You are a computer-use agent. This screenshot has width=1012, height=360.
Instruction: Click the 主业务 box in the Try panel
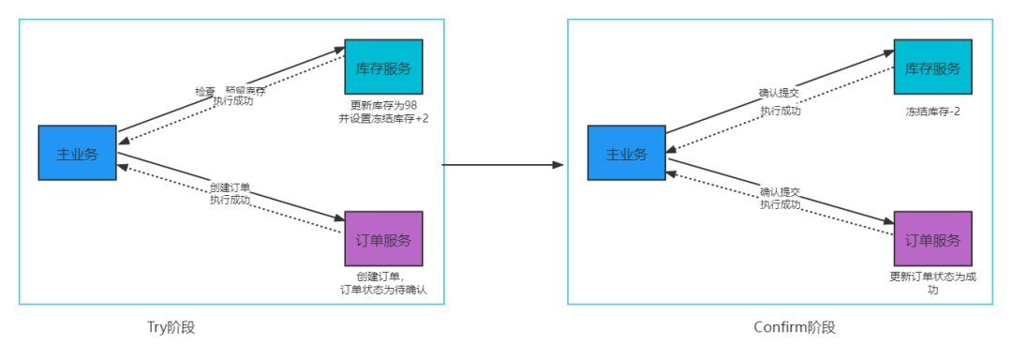click(77, 153)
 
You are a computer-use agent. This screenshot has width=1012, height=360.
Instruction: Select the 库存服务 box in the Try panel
click(383, 67)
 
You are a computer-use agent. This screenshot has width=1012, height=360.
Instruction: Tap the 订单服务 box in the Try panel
click(383, 239)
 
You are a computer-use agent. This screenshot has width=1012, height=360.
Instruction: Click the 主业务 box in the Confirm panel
click(626, 153)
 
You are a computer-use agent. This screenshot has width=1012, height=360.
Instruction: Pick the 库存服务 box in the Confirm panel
click(932, 67)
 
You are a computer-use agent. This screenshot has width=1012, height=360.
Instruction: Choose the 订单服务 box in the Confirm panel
click(932, 239)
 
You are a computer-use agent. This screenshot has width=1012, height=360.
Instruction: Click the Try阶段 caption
click(171, 327)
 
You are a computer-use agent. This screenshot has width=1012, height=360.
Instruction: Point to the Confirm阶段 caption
click(794, 327)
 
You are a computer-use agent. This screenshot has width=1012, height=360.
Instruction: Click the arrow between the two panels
click(503, 165)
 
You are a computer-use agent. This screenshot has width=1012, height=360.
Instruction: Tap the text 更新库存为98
click(383, 105)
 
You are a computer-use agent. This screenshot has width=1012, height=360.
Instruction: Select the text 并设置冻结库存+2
click(383, 118)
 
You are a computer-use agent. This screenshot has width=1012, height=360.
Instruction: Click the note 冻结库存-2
click(932, 112)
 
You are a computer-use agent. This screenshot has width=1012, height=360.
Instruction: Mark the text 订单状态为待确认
click(383, 290)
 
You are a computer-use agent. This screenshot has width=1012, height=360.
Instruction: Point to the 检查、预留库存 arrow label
click(231, 91)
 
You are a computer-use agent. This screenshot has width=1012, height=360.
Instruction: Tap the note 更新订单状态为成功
click(932, 283)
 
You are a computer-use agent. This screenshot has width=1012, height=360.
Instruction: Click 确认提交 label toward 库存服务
click(780, 94)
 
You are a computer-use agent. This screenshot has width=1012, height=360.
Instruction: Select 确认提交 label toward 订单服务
click(780, 192)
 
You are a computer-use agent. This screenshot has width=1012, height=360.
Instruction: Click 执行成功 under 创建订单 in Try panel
click(230, 201)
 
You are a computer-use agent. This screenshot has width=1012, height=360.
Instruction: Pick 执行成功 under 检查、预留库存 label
click(232, 101)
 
